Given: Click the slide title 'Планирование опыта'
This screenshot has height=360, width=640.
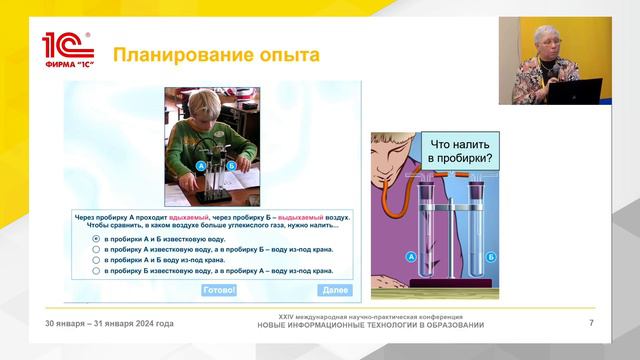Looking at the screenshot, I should click(214, 55).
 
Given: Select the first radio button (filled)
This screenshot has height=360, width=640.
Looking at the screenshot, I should click(96, 240).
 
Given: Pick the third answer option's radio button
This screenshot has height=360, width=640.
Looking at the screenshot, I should click(96, 260).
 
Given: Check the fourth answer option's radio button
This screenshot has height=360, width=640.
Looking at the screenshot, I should click(96, 270).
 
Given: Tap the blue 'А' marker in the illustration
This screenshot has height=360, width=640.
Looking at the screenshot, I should click(411, 256).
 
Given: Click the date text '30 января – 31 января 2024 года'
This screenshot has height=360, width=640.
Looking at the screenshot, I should click(109, 324).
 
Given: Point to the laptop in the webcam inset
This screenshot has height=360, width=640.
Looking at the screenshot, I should click(579, 91).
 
